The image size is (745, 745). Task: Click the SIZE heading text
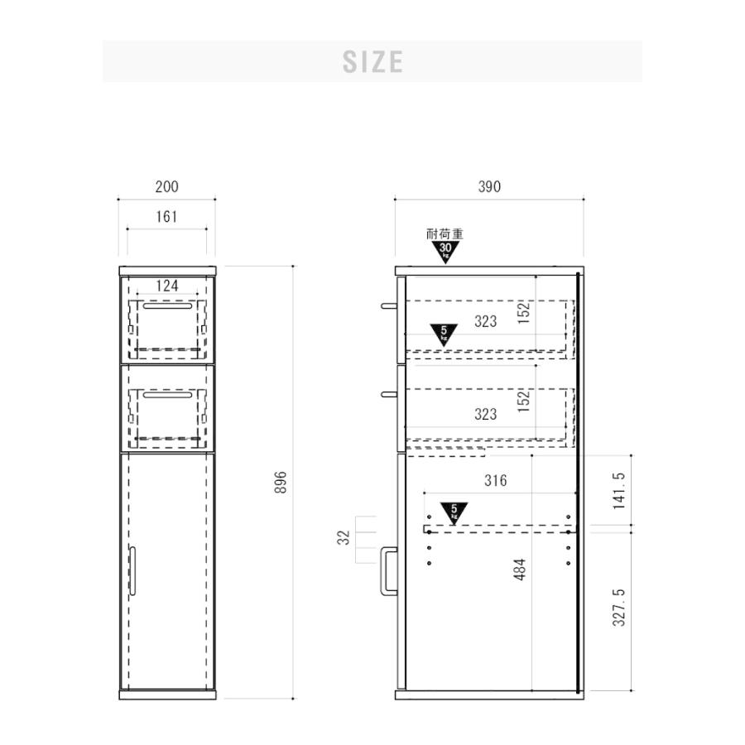373,62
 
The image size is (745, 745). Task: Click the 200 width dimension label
166,187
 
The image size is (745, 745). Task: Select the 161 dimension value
166,217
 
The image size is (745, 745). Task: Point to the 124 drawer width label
167,286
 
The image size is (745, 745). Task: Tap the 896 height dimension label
281,483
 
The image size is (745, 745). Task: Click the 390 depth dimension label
489,187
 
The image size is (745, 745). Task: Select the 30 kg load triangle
445,252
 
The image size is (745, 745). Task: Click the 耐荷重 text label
445,233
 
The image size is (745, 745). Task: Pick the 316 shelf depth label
496,480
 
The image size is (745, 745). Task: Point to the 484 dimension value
521,570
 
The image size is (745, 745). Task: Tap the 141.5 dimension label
619,491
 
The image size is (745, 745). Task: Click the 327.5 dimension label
619,608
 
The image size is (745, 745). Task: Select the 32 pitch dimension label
344,537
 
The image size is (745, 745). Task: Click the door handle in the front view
132,570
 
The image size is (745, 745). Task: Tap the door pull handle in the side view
388,571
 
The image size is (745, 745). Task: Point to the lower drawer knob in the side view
388,394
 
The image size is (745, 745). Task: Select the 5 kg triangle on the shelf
454,513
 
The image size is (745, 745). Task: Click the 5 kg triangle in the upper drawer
444,334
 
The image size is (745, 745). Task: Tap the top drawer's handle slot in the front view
168,306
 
